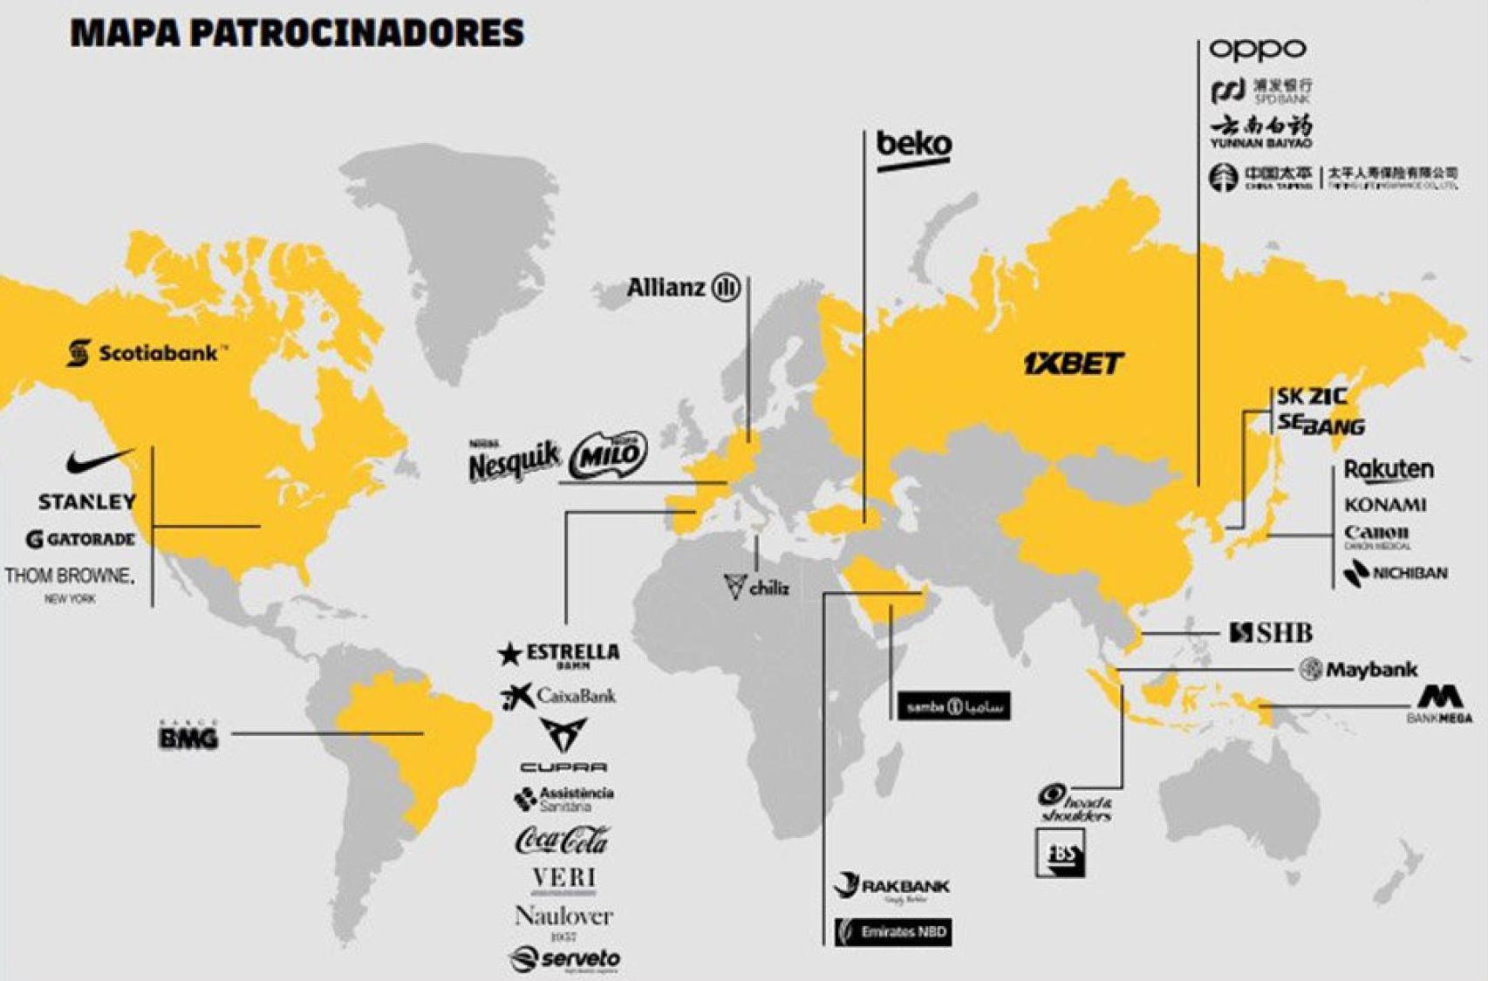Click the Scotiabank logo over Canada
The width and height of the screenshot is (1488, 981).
(147, 353)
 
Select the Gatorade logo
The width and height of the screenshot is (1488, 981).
(81, 539)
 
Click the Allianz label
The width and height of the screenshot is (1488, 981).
(683, 287)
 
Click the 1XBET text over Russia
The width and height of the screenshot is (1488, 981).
(1073, 363)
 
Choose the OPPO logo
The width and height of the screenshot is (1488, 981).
(1257, 49)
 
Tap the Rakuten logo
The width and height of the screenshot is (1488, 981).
(1388, 470)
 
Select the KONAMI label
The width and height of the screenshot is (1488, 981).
(1385, 505)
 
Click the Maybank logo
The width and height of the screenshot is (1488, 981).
(1358, 670)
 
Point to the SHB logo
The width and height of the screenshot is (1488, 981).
(1270, 633)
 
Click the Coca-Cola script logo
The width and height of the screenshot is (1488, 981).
(563, 841)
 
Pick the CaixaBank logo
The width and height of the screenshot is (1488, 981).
(559, 696)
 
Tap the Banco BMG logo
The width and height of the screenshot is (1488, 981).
(188, 736)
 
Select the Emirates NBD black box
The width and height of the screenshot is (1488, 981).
(892, 932)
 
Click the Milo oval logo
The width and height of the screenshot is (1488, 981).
(608, 455)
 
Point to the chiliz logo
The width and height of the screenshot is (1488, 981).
(756, 587)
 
